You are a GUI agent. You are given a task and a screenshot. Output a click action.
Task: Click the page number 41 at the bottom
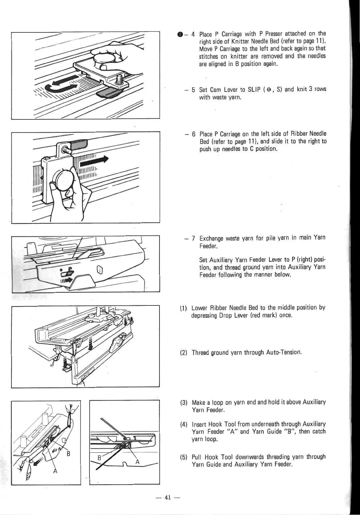tap(168, 497)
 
